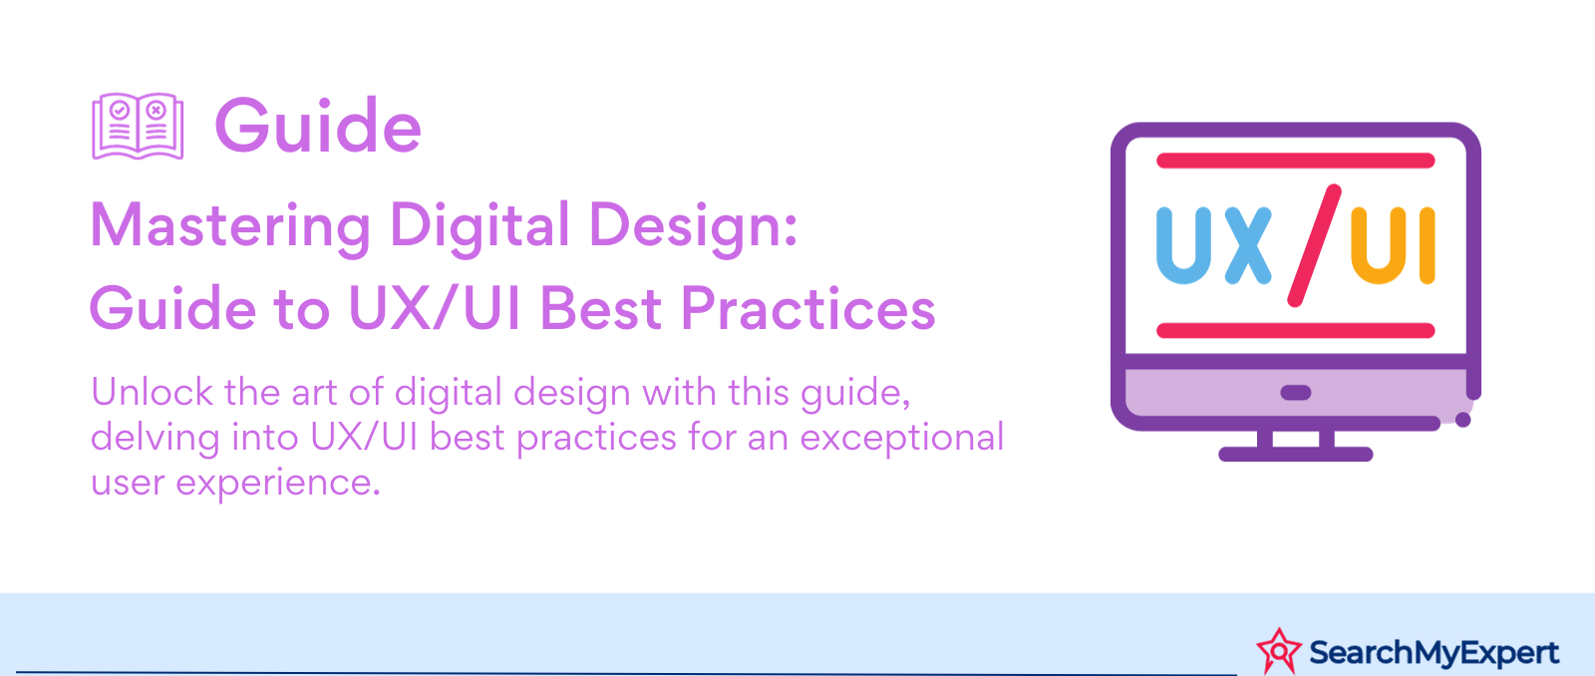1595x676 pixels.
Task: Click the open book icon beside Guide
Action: (138, 126)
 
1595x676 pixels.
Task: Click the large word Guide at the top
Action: (318, 127)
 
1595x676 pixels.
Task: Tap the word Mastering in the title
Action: (230, 227)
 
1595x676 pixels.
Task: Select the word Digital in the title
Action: (479, 227)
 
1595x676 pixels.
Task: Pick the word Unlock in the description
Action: (153, 392)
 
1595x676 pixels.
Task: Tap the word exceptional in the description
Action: (902, 438)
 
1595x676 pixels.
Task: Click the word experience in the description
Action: (278, 484)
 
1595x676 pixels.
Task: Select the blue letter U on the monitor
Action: (1183, 245)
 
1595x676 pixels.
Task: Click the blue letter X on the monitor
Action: (1247, 245)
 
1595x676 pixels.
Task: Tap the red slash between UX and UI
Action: (1315, 245)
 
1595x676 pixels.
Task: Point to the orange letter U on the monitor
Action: (1379, 245)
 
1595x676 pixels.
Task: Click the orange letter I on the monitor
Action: (1428, 245)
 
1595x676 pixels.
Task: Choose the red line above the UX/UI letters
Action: (1295, 161)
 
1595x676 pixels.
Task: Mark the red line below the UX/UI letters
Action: (1295, 330)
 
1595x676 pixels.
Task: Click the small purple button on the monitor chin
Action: (1295, 393)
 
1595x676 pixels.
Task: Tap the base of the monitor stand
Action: (1295, 455)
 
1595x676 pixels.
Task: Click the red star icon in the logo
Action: (1279, 651)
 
